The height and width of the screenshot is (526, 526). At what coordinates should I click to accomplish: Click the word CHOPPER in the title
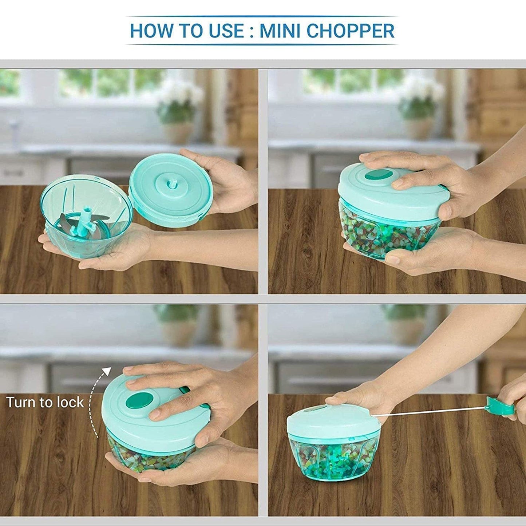pyautogui.click(x=350, y=31)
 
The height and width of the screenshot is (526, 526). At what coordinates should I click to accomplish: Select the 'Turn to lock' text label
pyautogui.click(x=45, y=403)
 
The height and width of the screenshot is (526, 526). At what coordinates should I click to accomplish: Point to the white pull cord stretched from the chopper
pyautogui.click(x=430, y=412)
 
